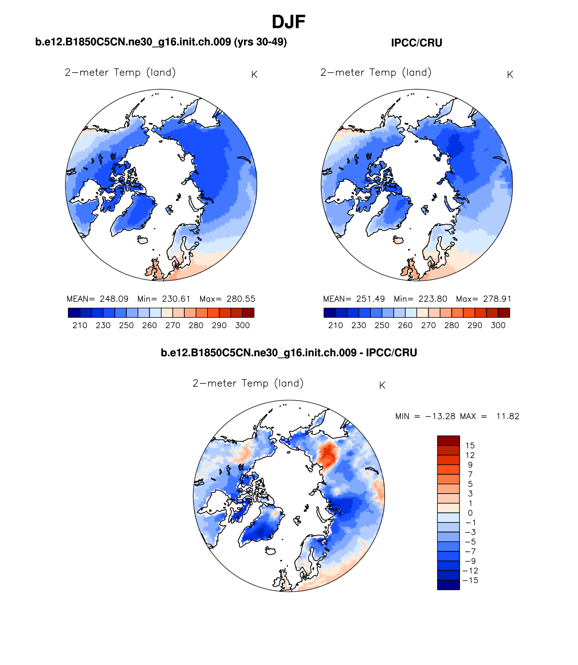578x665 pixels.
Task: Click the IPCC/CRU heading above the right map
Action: click(x=416, y=43)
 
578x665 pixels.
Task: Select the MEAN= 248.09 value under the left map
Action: click(x=98, y=299)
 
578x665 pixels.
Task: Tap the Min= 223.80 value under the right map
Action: click(x=420, y=299)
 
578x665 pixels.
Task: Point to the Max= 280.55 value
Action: click(x=227, y=299)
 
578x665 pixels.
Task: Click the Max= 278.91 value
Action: click(x=483, y=299)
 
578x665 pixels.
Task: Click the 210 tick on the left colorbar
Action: click(x=80, y=325)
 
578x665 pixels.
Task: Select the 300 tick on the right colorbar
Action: click(x=498, y=325)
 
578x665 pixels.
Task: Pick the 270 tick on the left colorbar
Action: click(x=173, y=325)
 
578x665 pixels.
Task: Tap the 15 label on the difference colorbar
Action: click(x=470, y=445)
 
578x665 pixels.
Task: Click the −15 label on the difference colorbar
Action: click(x=470, y=580)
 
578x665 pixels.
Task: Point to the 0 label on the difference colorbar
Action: click(x=470, y=513)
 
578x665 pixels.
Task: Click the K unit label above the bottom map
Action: click(x=382, y=386)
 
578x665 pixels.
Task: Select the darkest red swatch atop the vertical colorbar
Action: click(x=448, y=440)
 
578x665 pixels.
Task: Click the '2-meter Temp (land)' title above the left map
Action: click(x=120, y=73)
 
